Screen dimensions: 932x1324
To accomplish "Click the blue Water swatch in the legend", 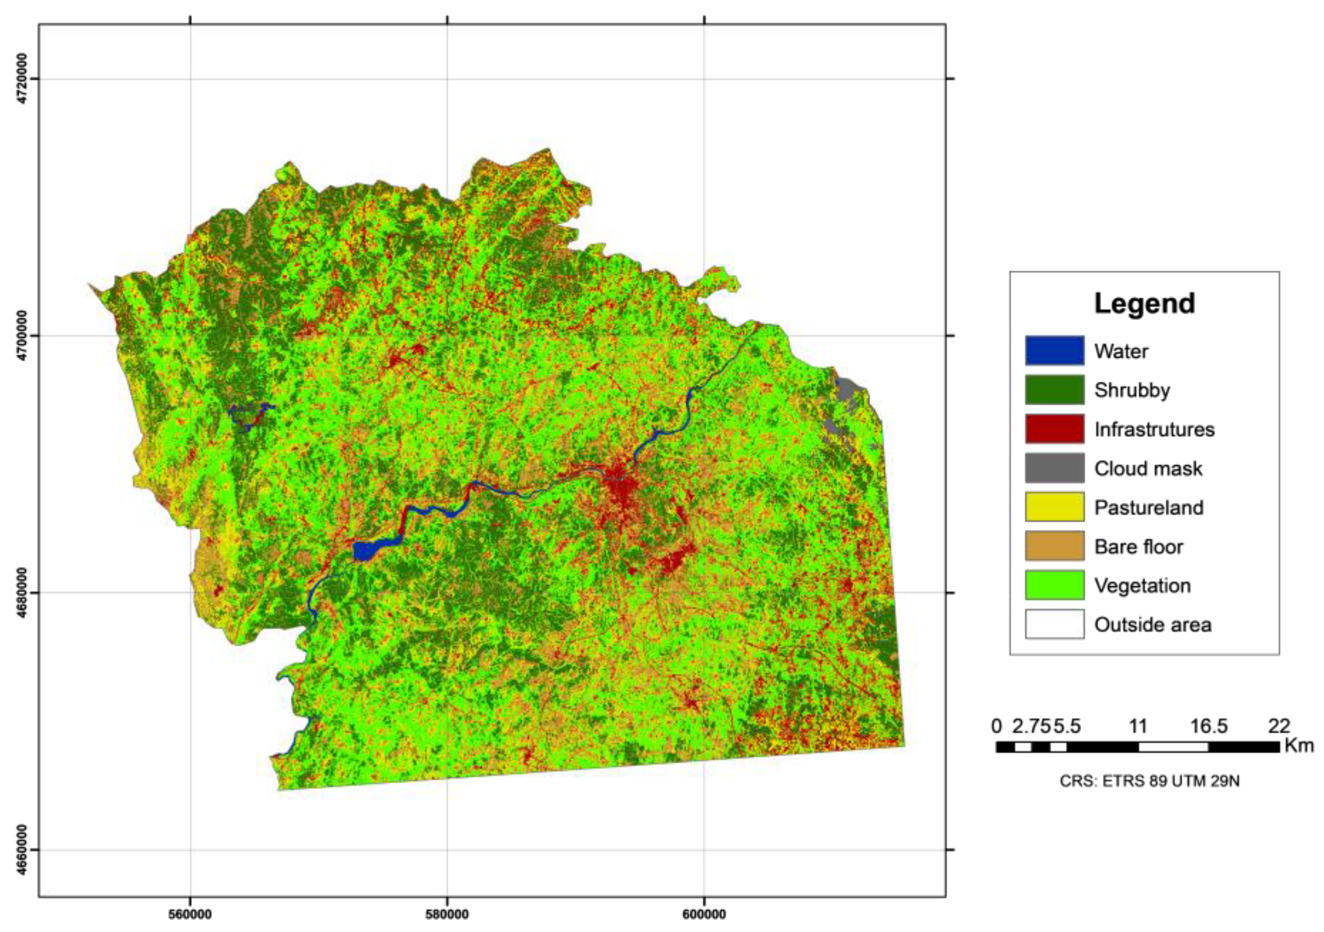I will (x=1054, y=351).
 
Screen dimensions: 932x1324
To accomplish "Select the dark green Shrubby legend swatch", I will (x=1054, y=390).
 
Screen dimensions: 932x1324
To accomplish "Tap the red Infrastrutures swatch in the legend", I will (x=1054, y=429).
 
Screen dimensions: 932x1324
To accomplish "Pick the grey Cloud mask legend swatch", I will (x=1054, y=468).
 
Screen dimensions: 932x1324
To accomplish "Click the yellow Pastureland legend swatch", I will (x=1054, y=507).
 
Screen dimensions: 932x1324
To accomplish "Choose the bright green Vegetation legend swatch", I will (x=1054, y=585).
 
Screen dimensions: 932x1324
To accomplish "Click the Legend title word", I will (x=1144, y=303).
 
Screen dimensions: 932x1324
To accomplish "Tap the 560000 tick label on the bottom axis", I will (x=190, y=915).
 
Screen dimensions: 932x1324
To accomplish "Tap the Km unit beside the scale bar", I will (x=1299, y=746).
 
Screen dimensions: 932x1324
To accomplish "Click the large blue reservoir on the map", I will (x=365, y=550).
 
